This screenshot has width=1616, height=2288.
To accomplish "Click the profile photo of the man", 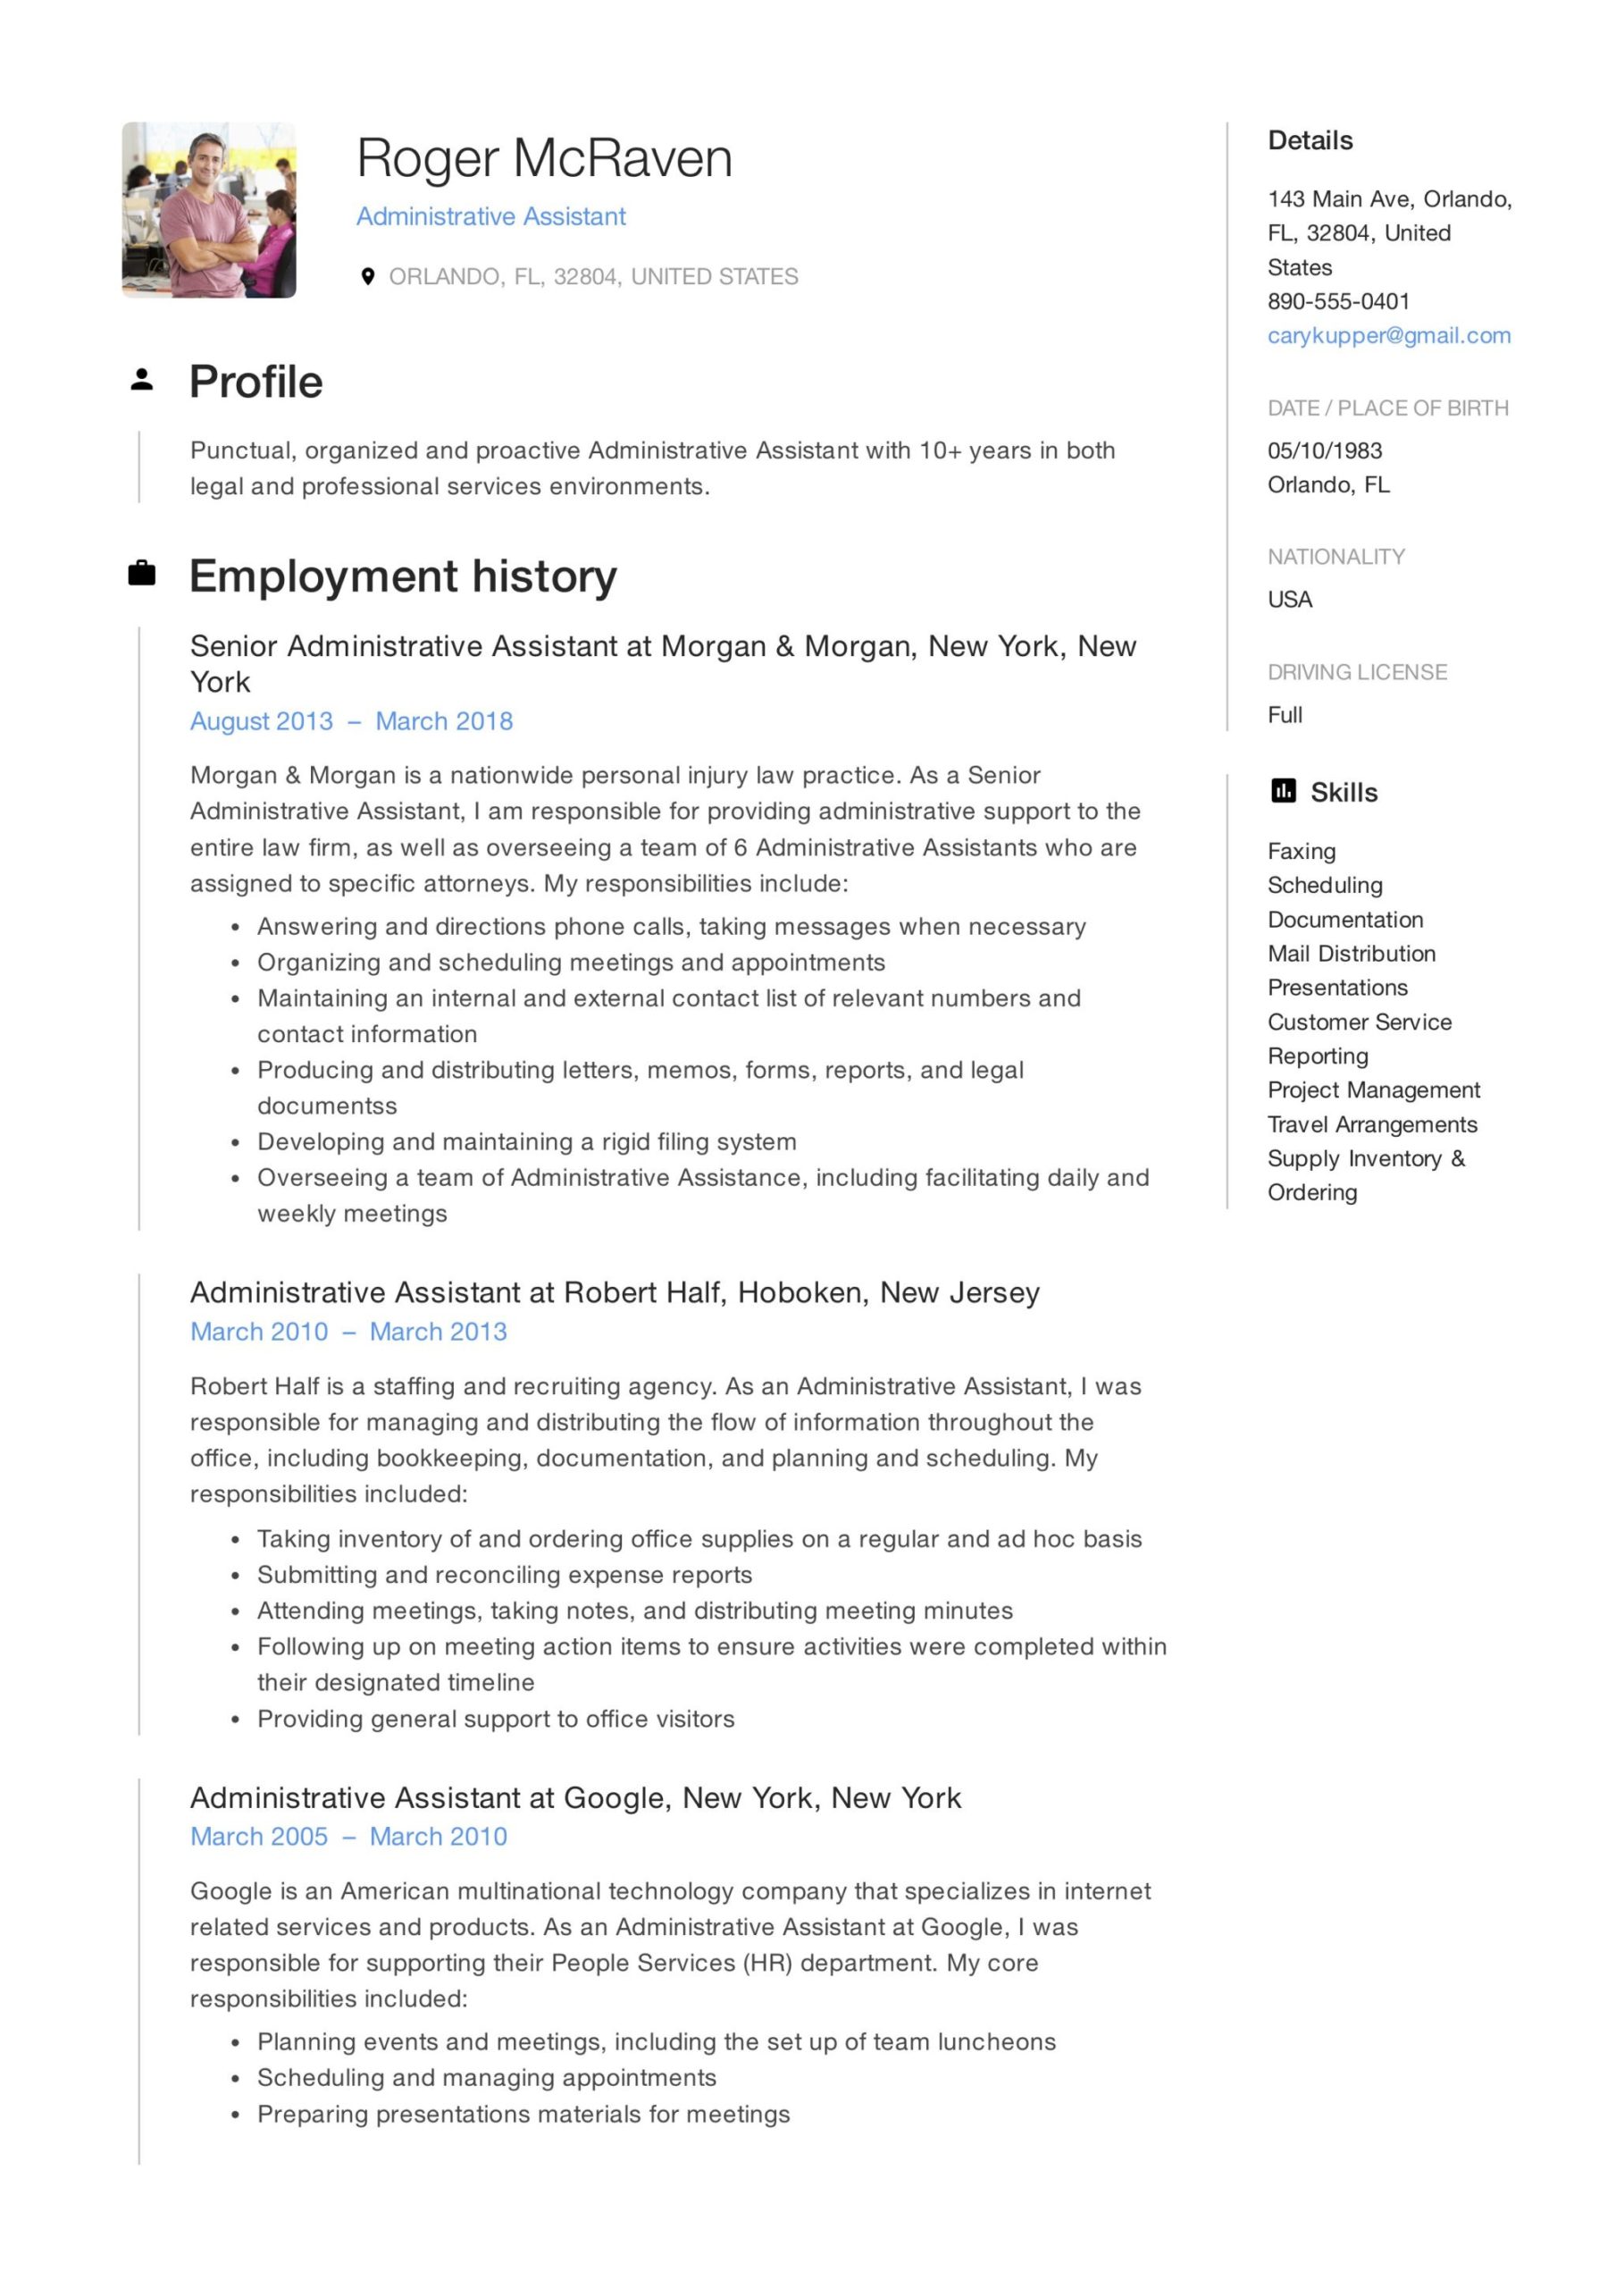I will click(208, 209).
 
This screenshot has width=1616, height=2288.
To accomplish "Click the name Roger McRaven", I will click(544, 158).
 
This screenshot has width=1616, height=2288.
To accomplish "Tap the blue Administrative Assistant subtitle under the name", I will click(490, 216).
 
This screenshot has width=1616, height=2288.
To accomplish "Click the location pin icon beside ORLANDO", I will click(368, 276).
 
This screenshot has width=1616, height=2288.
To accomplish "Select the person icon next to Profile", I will click(141, 380).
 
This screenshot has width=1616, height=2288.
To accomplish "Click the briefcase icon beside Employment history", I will click(141, 573).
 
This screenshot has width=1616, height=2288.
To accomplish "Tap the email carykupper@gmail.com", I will click(1388, 336).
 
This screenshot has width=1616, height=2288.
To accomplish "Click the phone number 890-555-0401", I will click(1337, 301).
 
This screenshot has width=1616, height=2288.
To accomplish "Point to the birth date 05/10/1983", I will click(1324, 450).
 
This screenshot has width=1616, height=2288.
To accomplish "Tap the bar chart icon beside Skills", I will click(1283, 791).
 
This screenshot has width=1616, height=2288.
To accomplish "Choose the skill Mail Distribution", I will click(1351, 954).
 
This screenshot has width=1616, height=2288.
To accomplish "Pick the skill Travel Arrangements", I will click(1371, 1124).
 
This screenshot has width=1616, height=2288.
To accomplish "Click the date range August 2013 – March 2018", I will click(351, 721).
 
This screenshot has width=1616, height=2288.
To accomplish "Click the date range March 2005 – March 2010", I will click(347, 1837).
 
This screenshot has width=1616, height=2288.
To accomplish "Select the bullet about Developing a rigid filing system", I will click(526, 1142).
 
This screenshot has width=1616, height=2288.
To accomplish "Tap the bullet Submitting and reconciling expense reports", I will click(504, 1575).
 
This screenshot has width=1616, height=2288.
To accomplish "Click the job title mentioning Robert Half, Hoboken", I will click(614, 1292).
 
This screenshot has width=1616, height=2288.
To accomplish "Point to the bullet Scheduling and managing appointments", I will click(486, 2078).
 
